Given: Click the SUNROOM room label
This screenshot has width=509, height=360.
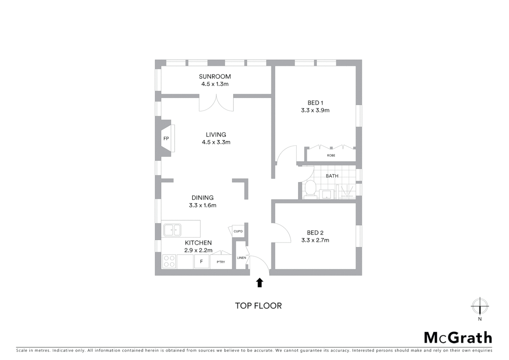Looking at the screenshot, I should (x=215, y=76).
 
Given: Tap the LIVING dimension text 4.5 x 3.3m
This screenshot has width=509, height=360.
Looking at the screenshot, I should (x=216, y=142).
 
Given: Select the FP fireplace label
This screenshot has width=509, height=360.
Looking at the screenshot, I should (x=166, y=138).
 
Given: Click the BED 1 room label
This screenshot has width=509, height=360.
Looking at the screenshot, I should (x=315, y=103).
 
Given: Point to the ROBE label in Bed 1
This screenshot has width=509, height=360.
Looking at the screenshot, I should (x=331, y=155).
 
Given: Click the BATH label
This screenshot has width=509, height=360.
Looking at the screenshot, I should (x=332, y=176).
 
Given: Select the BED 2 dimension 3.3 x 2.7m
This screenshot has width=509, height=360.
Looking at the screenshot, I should (x=315, y=240).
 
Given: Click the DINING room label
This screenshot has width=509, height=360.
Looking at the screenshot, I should (x=203, y=198).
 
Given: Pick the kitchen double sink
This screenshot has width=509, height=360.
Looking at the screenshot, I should (x=172, y=230).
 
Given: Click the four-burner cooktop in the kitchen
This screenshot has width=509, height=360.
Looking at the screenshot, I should (x=169, y=261).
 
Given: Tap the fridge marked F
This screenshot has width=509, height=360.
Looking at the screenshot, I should (x=201, y=262).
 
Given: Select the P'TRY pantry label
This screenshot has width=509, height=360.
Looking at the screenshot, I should (x=221, y=262).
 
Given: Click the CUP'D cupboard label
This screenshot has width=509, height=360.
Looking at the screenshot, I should (x=238, y=231).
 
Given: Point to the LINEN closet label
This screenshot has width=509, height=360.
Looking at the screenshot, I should (x=241, y=258).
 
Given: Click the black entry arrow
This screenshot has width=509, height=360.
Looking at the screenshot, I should (x=259, y=283).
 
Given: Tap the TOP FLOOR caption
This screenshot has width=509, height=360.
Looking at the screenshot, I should (x=258, y=306).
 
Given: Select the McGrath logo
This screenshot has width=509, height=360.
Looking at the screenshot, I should (x=458, y=338).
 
